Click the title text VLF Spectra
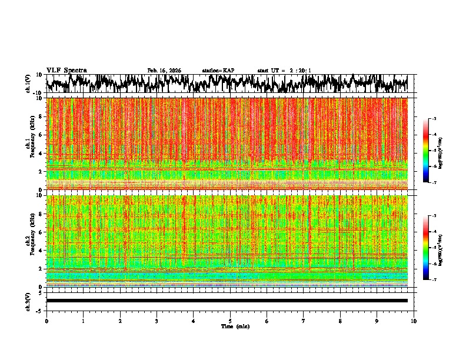click(x=66, y=70)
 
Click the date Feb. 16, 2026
click(x=164, y=71)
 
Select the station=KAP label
click(x=218, y=71)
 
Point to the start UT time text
click(x=284, y=71)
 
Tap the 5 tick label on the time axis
click(x=230, y=321)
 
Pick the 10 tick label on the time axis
click(x=414, y=321)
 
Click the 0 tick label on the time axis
click(x=46, y=321)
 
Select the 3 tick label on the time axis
click(x=157, y=321)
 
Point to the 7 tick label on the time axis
click(x=304, y=321)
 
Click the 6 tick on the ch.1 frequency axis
click(x=40, y=135)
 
